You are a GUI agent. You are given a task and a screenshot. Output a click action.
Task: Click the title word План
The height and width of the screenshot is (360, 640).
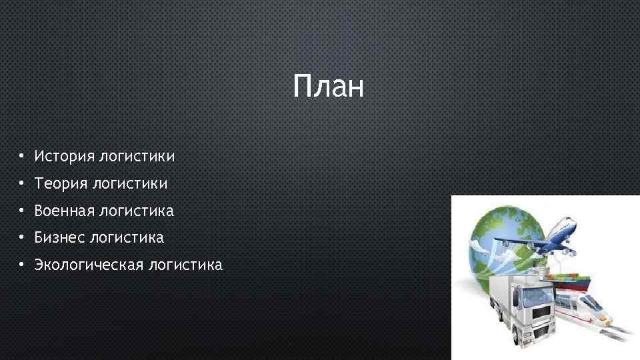329,87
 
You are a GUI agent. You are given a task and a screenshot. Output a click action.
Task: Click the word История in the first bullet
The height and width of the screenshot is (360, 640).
64,157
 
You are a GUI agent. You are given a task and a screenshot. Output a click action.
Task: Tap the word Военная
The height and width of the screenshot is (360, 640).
64,211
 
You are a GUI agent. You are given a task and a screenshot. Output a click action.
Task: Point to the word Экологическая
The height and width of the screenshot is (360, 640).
89,265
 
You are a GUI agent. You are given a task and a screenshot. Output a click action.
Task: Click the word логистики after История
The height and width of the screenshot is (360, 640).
137,157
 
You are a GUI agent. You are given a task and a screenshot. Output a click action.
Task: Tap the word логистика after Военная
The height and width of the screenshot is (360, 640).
136,211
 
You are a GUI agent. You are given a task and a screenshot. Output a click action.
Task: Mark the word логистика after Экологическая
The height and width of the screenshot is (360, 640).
185,265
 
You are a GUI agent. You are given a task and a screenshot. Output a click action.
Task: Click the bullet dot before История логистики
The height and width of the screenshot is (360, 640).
22,157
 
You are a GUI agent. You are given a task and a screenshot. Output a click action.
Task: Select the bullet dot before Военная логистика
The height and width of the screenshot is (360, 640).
22,211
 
